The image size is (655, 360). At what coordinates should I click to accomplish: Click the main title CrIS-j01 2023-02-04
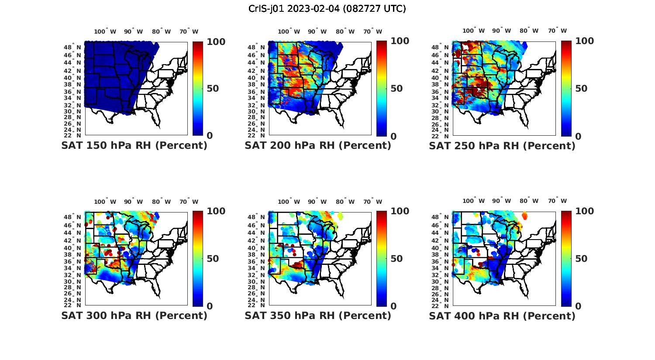coord(327,9)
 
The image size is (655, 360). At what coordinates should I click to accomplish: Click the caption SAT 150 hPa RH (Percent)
coord(134,146)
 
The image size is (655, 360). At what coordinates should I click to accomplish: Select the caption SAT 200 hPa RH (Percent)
coord(318,146)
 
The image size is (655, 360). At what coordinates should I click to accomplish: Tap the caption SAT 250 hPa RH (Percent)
coord(502,146)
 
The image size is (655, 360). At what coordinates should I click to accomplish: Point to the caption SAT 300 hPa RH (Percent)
coord(134,315)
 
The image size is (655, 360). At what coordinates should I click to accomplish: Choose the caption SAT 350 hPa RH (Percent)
coord(318,315)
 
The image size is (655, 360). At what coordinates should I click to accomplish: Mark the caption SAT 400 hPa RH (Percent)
coord(502,315)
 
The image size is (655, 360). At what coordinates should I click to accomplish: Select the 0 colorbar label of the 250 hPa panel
coord(578,136)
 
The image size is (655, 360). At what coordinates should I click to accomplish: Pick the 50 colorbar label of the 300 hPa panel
coord(213,259)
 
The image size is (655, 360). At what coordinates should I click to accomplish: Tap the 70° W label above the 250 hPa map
coord(557,31)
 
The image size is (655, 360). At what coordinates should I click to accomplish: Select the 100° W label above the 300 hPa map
coord(105,202)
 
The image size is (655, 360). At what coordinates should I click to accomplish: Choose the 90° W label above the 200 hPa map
coord(317,31)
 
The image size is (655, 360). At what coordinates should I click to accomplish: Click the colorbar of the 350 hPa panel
coord(382,258)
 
